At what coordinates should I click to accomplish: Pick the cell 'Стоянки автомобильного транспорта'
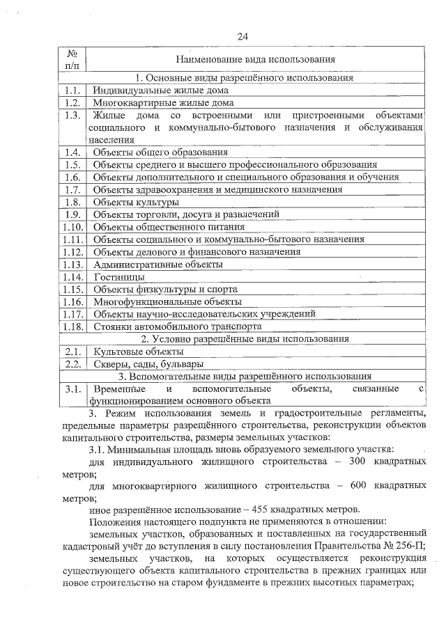tap(178, 326)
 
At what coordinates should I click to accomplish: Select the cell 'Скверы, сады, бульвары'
tap(148, 364)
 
